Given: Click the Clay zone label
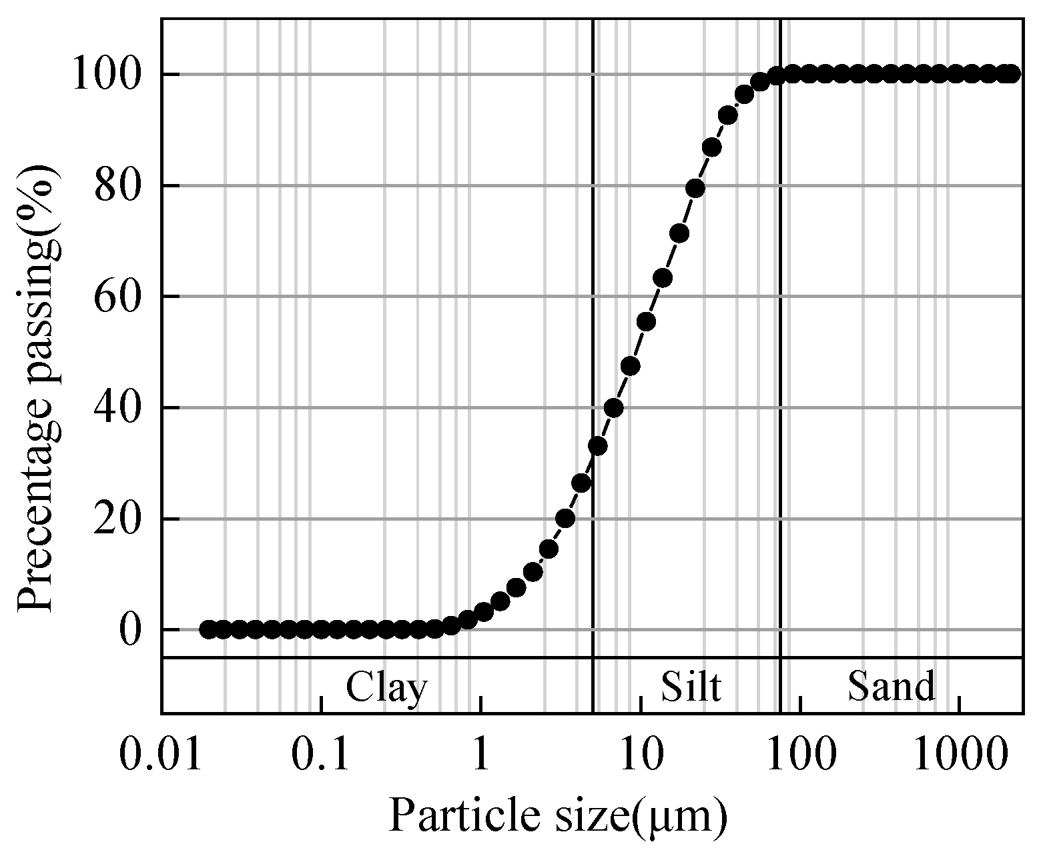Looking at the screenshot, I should coord(386,687).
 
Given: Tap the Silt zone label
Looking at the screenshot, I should coord(691,687).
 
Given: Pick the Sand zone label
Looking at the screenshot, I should coord(892,687).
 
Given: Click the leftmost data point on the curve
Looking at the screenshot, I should coord(208,629).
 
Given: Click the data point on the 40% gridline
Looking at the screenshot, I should coord(613,407).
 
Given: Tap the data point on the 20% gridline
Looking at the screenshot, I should coord(565,518).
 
